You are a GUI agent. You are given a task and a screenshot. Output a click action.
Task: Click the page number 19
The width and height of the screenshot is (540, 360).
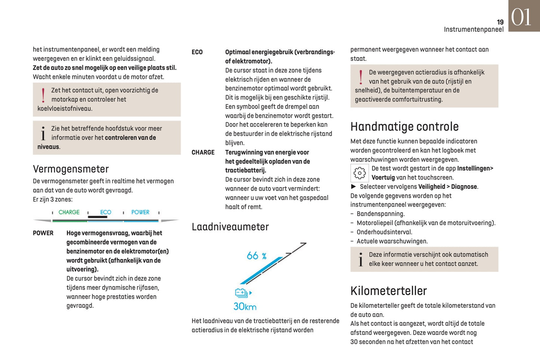click(500, 22)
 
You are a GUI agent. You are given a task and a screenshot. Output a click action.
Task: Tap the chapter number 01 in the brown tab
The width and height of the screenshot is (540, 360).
click(521, 17)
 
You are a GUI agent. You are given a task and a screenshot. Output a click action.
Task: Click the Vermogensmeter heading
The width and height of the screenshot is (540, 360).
click(71, 169)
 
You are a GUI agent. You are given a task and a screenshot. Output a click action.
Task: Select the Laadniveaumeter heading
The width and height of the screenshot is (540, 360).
click(230, 227)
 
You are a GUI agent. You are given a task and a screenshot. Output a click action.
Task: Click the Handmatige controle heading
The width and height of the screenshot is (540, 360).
click(404, 127)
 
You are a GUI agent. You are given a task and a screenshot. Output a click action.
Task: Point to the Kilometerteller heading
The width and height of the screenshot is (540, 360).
click(388, 291)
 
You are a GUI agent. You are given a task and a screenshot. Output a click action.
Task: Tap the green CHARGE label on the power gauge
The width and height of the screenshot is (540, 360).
click(69, 212)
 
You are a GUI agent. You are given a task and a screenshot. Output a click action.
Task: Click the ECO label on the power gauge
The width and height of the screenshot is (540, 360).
click(105, 212)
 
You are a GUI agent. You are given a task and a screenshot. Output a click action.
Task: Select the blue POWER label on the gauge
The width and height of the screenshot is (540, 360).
click(140, 212)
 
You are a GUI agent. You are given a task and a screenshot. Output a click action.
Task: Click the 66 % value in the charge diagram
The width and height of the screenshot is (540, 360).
click(256, 256)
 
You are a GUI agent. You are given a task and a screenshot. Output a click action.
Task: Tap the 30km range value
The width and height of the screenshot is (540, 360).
click(245, 307)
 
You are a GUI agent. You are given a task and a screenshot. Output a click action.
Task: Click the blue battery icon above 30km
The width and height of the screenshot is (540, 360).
click(241, 293)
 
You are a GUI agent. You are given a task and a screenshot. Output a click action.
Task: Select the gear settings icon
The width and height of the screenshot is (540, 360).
click(360, 173)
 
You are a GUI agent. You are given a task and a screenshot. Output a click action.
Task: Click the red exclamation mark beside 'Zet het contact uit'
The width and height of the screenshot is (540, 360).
click(43, 95)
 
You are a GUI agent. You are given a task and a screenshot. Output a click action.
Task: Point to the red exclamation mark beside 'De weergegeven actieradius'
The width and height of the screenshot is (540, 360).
click(361, 77)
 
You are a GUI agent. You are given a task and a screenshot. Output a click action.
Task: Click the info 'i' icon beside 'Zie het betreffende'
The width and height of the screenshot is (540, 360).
click(43, 133)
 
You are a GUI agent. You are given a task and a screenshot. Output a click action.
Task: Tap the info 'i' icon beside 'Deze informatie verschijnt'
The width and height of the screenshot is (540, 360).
click(361, 259)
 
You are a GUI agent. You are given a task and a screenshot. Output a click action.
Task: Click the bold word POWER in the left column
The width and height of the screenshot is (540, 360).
click(43, 233)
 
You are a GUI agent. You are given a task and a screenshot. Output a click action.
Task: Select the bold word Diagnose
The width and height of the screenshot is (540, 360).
click(464, 187)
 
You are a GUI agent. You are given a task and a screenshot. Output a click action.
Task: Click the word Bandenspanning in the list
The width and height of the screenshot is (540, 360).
click(380, 214)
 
